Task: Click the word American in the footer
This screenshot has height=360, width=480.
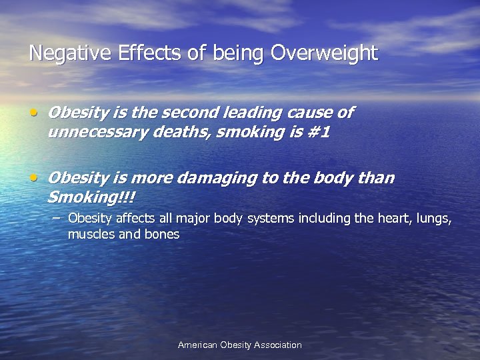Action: click(x=199, y=345)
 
